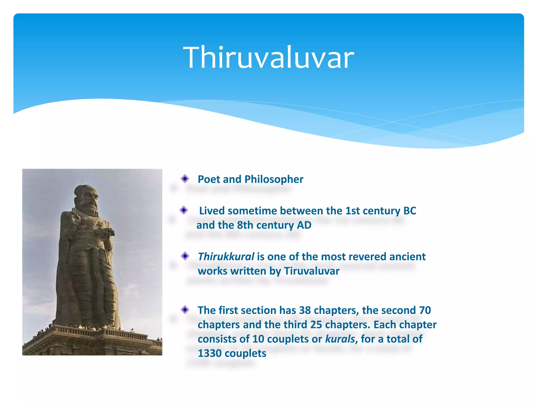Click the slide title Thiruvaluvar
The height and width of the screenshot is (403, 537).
click(x=268, y=57)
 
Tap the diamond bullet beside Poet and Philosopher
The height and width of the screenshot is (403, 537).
click(x=185, y=179)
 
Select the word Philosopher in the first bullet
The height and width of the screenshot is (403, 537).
click(x=274, y=179)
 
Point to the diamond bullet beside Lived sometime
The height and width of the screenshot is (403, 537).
click(x=184, y=210)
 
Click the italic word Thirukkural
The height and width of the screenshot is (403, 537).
click(x=226, y=257)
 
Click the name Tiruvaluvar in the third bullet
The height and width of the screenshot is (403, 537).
click(x=312, y=271)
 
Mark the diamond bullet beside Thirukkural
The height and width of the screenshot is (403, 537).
click(x=185, y=256)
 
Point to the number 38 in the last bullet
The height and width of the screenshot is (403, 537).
click(x=305, y=310)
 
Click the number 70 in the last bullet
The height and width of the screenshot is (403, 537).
click(x=425, y=310)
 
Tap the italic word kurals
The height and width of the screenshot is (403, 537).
click(x=340, y=339)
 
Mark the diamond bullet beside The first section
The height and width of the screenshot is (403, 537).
click(x=185, y=310)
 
